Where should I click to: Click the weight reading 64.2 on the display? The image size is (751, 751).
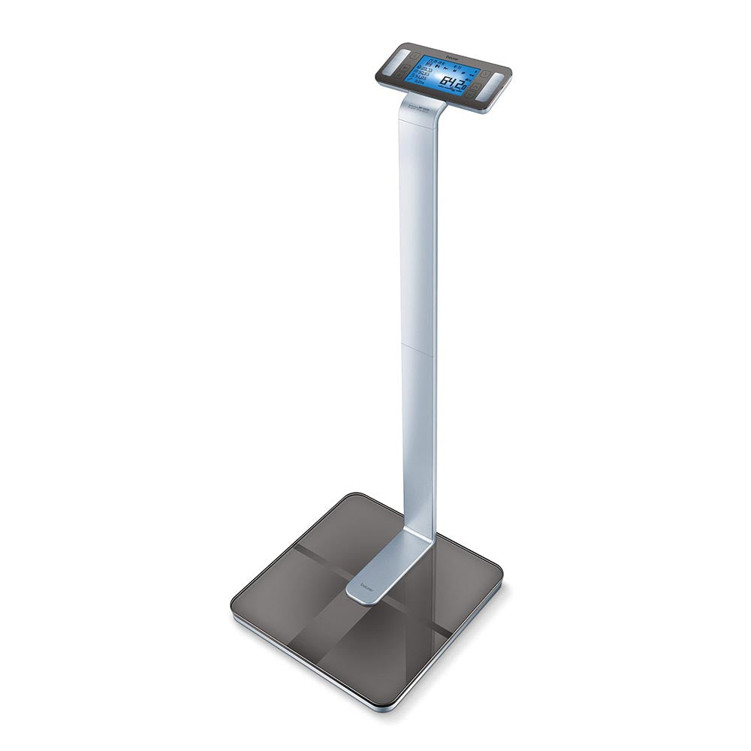[x=452, y=82]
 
